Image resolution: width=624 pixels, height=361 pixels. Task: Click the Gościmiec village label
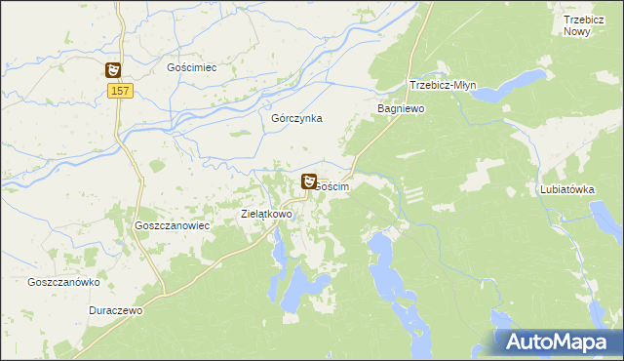pos(191,68)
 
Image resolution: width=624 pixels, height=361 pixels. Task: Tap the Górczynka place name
pos(296,118)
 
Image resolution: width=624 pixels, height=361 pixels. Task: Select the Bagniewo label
pos(401,109)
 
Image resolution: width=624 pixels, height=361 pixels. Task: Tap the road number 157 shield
pos(120,91)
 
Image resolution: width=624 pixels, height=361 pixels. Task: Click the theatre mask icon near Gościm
pos(309,180)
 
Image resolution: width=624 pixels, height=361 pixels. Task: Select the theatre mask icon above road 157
pos(114,69)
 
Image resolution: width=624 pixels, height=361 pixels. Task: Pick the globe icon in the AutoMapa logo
pos(514,341)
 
